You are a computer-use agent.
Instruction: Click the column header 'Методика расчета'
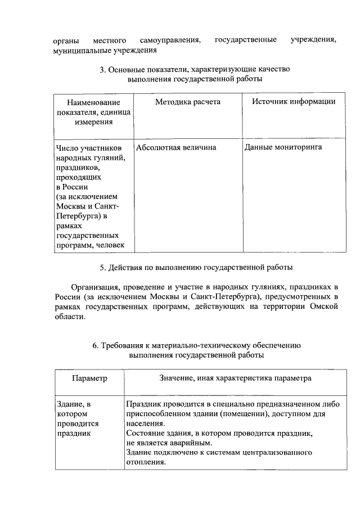tap(188, 102)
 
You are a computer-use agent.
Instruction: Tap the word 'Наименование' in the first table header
tap(93, 103)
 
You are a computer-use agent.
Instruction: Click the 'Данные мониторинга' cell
tap(283, 147)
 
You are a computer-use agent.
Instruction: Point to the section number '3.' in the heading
tap(103, 70)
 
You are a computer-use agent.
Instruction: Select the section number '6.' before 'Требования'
tap(96, 345)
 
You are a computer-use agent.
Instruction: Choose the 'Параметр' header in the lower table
tap(89, 379)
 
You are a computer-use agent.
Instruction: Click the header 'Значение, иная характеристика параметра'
tap(236, 379)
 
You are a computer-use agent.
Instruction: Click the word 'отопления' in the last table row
tap(145, 463)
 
